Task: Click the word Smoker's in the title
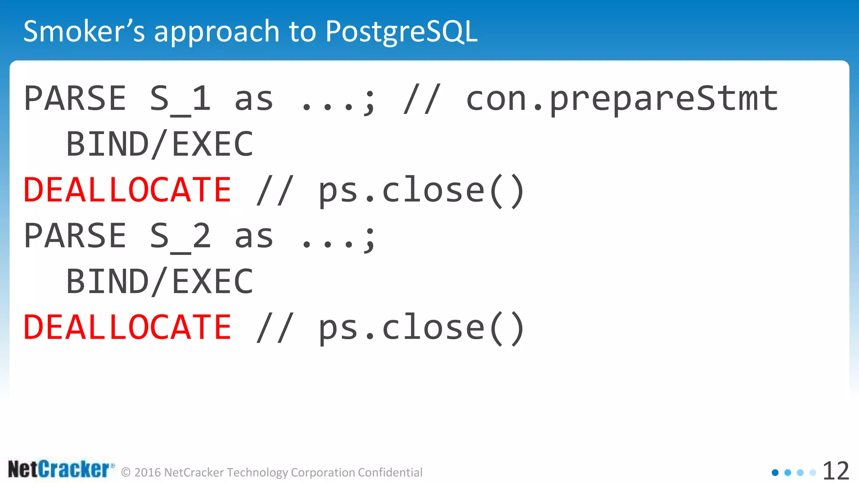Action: (x=84, y=31)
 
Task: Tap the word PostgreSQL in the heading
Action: (x=401, y=31)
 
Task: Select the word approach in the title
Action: (x=216, y=31)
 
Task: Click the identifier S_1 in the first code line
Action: (x=180, y=99)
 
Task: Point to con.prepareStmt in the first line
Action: (x=622, y=99)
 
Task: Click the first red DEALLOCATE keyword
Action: (x=127, y=190)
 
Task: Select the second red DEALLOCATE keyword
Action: (x=127, y=327)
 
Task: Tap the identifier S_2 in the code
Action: (x=180, y=236)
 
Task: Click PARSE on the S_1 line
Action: (x=75, y=99)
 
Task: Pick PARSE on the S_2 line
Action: (x=75, y=236)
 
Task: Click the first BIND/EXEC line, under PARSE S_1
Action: (x=160, y=144)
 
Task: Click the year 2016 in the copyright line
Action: (x=148, y=473)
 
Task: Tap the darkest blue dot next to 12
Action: (x=775, y=473)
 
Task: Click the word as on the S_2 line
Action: (x=253, y=236)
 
